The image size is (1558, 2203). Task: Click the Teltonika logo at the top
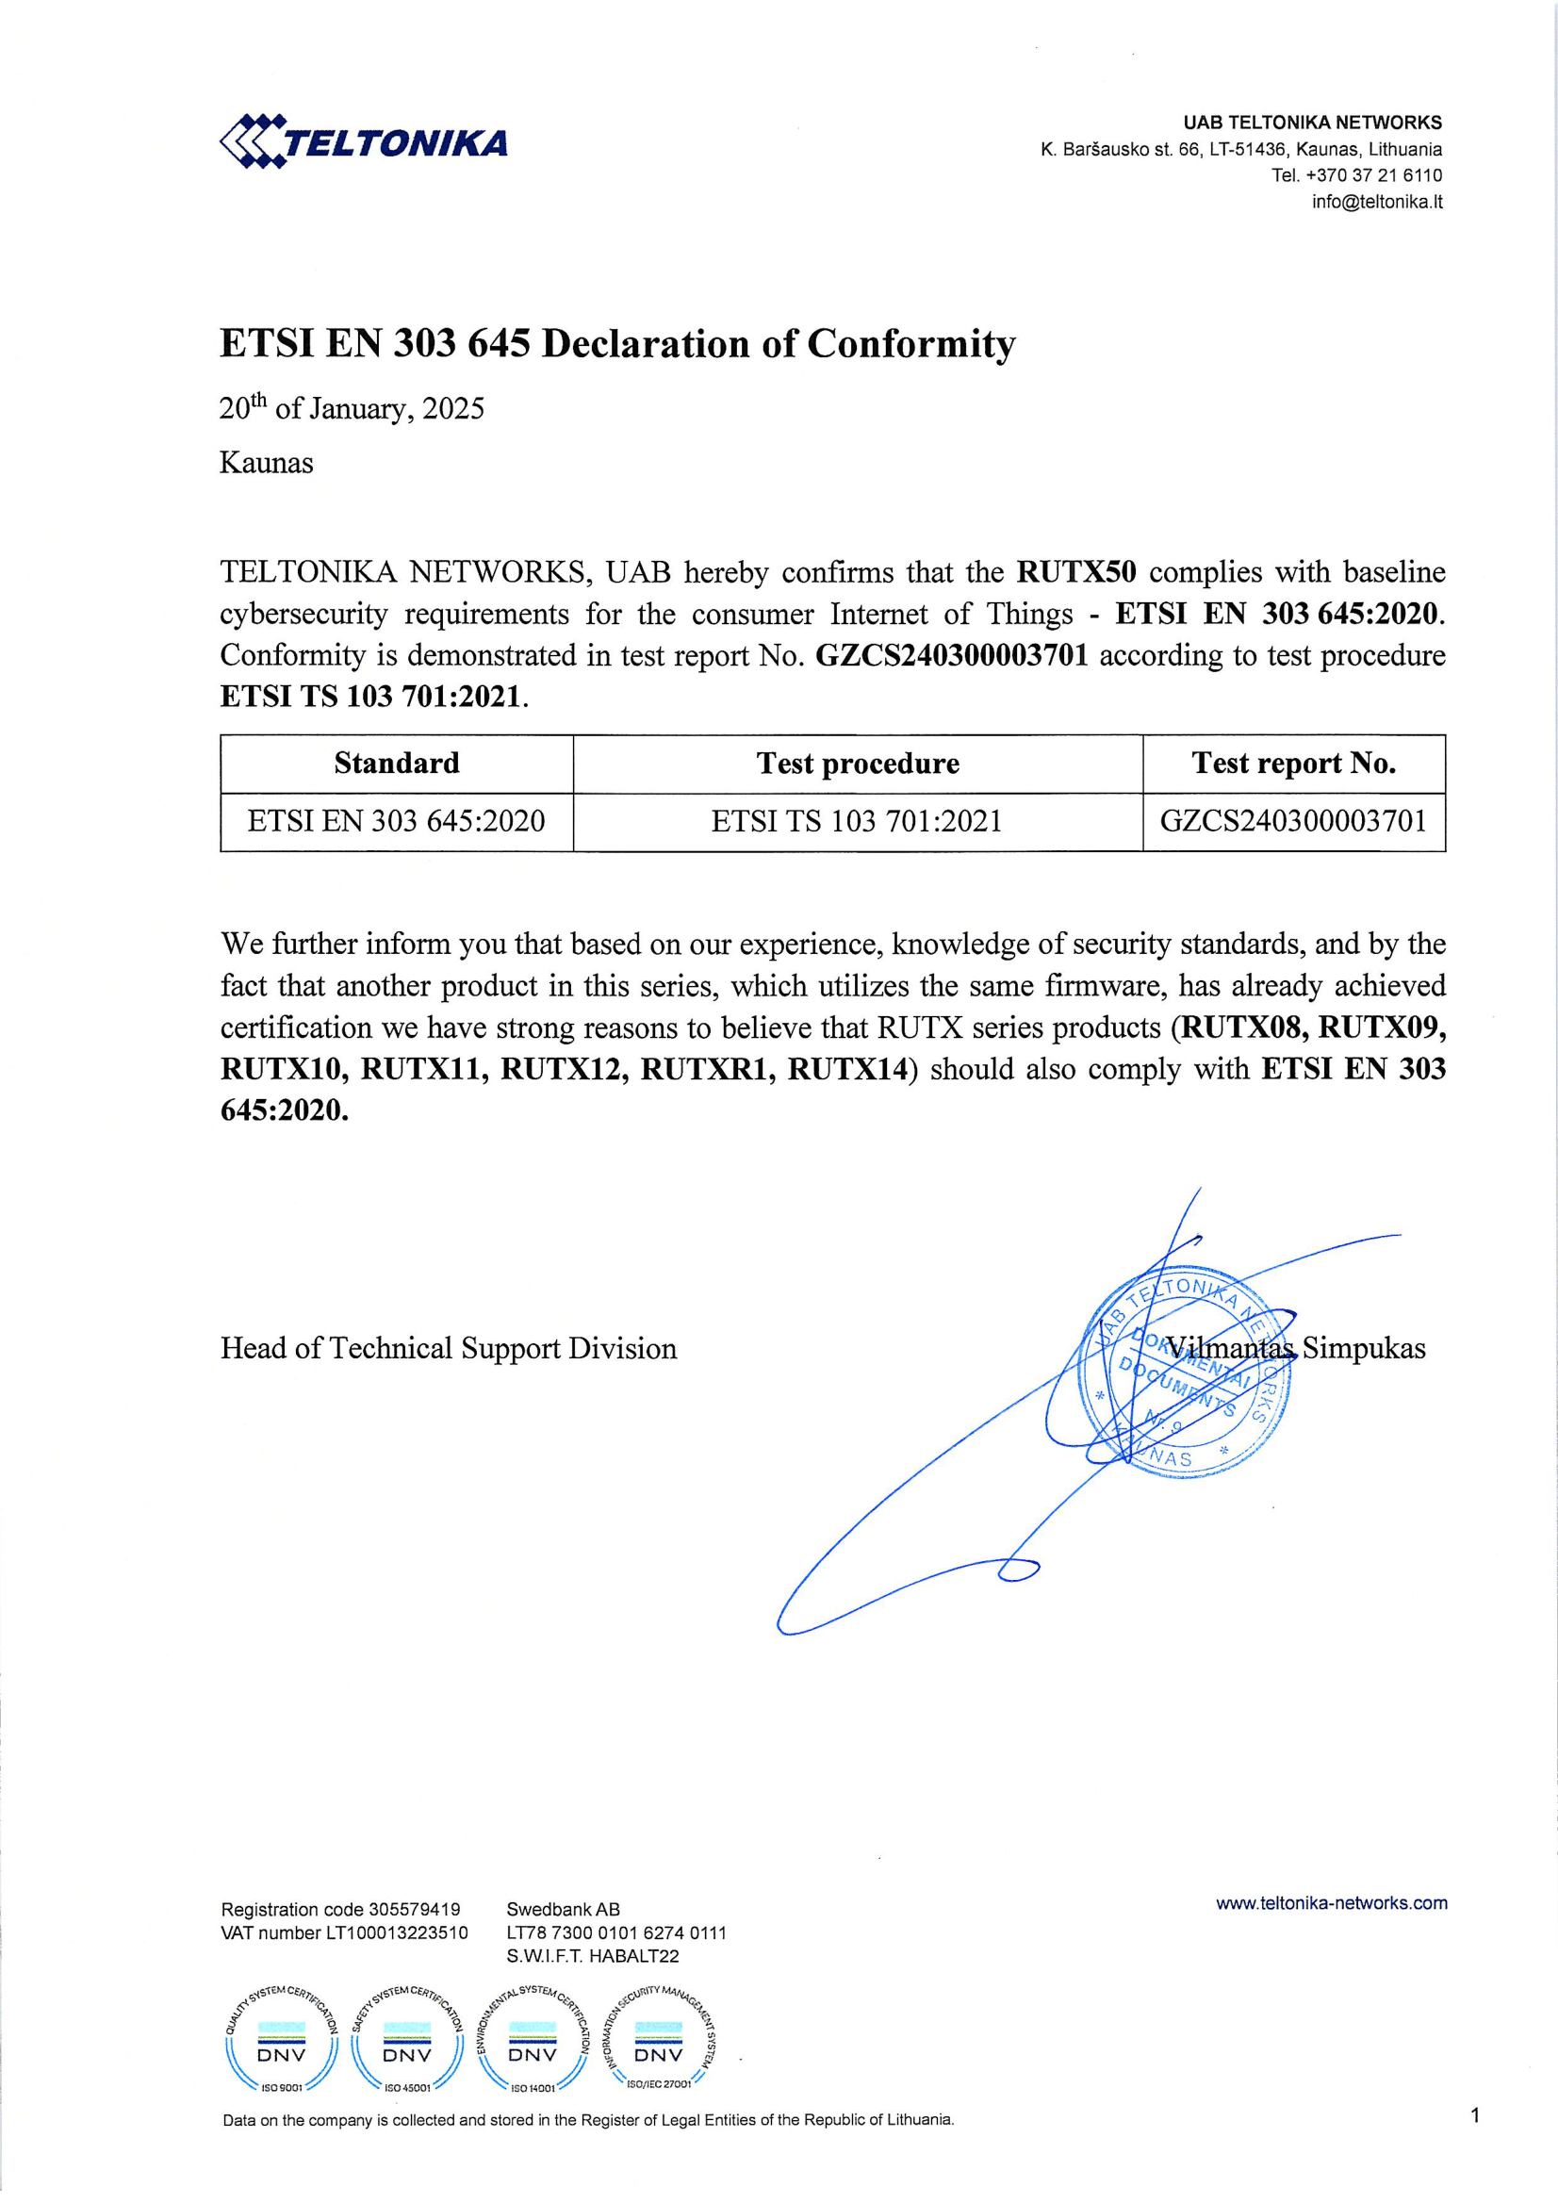pos(364,142)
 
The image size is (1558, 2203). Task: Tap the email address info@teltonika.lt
pos(1377,202)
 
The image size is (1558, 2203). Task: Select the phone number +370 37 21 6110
pos(1373,174)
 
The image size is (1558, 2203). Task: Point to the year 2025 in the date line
pos(452,409)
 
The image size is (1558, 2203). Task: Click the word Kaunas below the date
pos(267,463)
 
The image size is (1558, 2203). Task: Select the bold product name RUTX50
pos(1075,572)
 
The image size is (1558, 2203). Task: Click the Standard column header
pos(396,763)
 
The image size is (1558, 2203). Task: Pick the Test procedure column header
pos(858,763)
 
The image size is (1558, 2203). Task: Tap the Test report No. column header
pos(1293,763)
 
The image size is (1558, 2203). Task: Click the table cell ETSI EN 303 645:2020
pos(396,821)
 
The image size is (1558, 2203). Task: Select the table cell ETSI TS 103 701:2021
pos(857,821)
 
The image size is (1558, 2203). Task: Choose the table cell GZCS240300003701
pos(1293,821)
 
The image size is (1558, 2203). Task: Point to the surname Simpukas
pos(1363,1348)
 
